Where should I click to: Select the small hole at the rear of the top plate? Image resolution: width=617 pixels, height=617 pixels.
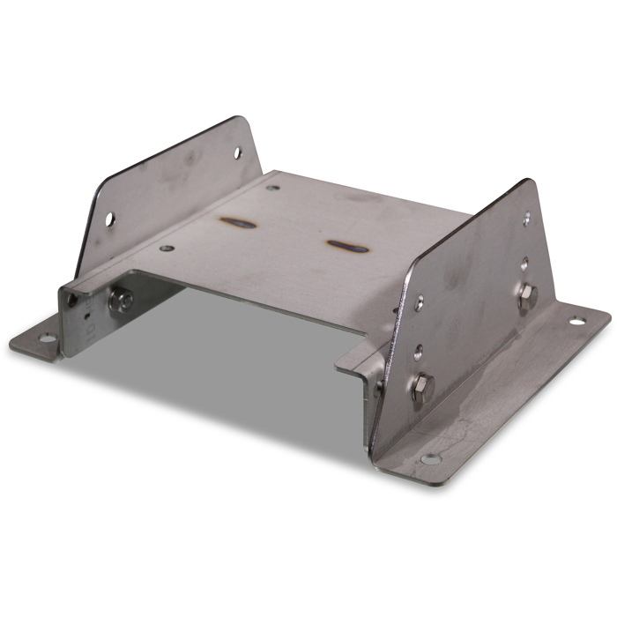pos(272,187)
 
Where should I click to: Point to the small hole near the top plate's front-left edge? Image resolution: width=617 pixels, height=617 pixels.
pos(164,248)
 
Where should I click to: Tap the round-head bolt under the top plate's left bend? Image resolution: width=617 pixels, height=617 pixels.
pos(119,302)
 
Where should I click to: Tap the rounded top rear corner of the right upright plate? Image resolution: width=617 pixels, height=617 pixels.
pos(528,182)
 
